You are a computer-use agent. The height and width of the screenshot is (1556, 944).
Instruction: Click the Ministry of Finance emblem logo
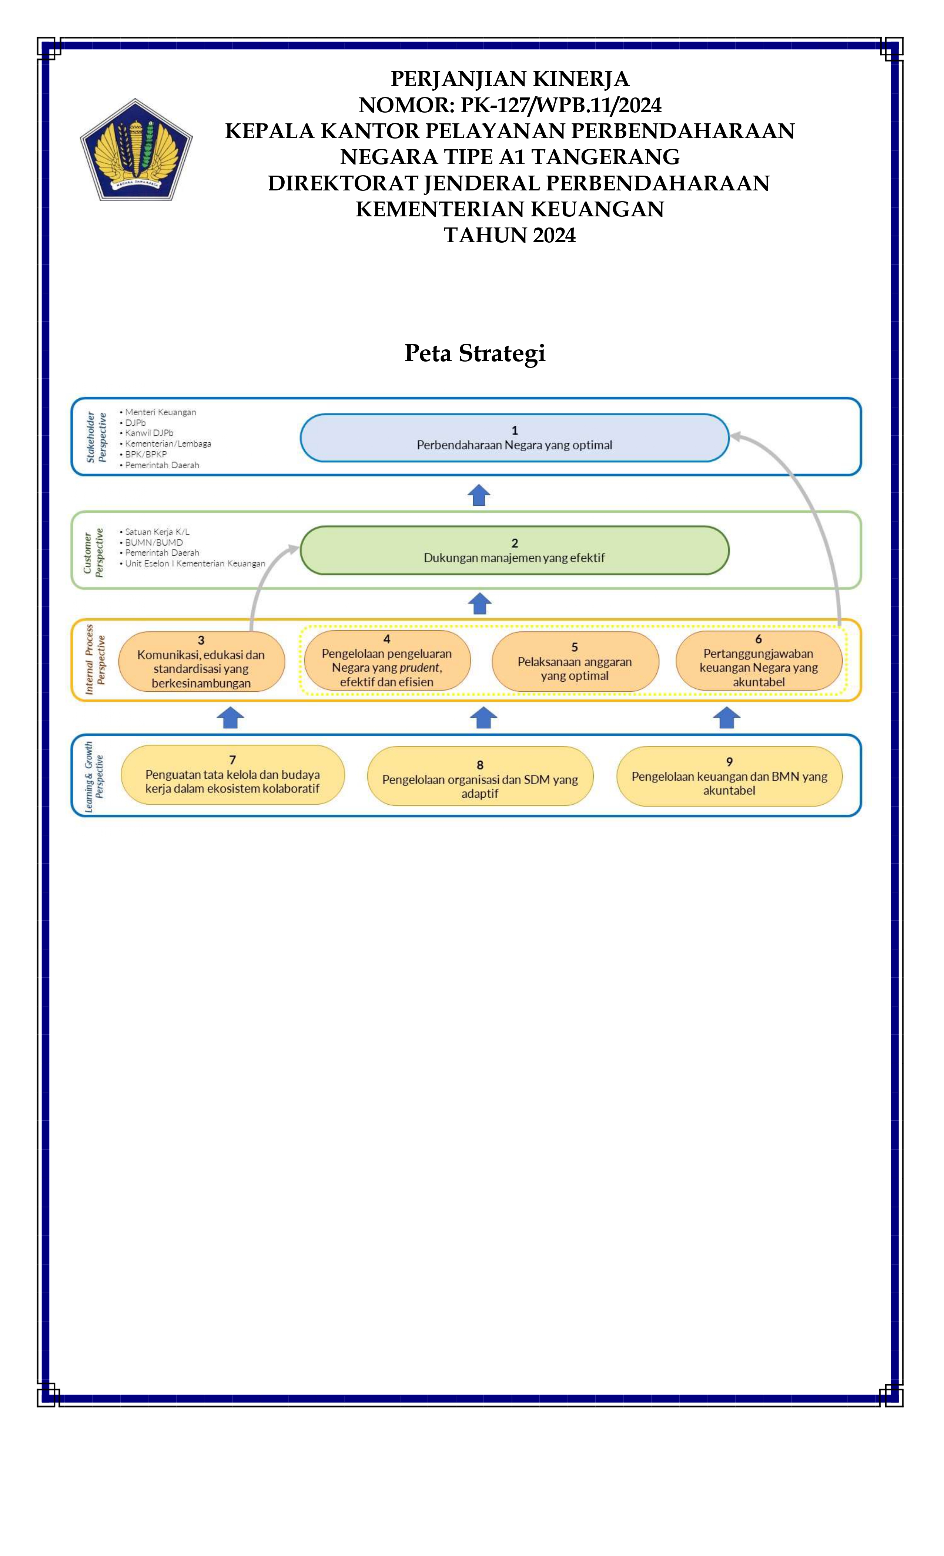136,150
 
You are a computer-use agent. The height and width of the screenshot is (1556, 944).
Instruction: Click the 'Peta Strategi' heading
475,353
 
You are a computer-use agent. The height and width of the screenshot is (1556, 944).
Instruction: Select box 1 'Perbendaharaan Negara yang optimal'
514,438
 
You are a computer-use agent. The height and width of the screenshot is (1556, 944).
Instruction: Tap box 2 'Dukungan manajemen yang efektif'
514,550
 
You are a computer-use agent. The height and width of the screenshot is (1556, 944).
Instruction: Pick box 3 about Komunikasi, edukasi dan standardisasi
201,661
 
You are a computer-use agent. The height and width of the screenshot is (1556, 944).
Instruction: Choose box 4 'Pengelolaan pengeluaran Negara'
387,660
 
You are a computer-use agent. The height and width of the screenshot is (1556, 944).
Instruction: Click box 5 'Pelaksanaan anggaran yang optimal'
575,661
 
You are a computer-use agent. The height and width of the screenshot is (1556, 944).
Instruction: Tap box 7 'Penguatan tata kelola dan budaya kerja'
232,775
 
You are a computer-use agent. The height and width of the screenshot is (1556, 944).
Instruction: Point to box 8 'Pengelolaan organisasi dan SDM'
479,776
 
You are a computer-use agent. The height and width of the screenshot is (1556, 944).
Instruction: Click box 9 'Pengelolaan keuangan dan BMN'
729,776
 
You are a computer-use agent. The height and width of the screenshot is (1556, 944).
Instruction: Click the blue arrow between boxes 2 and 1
479,495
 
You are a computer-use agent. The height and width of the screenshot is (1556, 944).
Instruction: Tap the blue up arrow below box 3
230,717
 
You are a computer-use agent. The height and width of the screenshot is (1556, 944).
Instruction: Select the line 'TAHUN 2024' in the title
510,235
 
